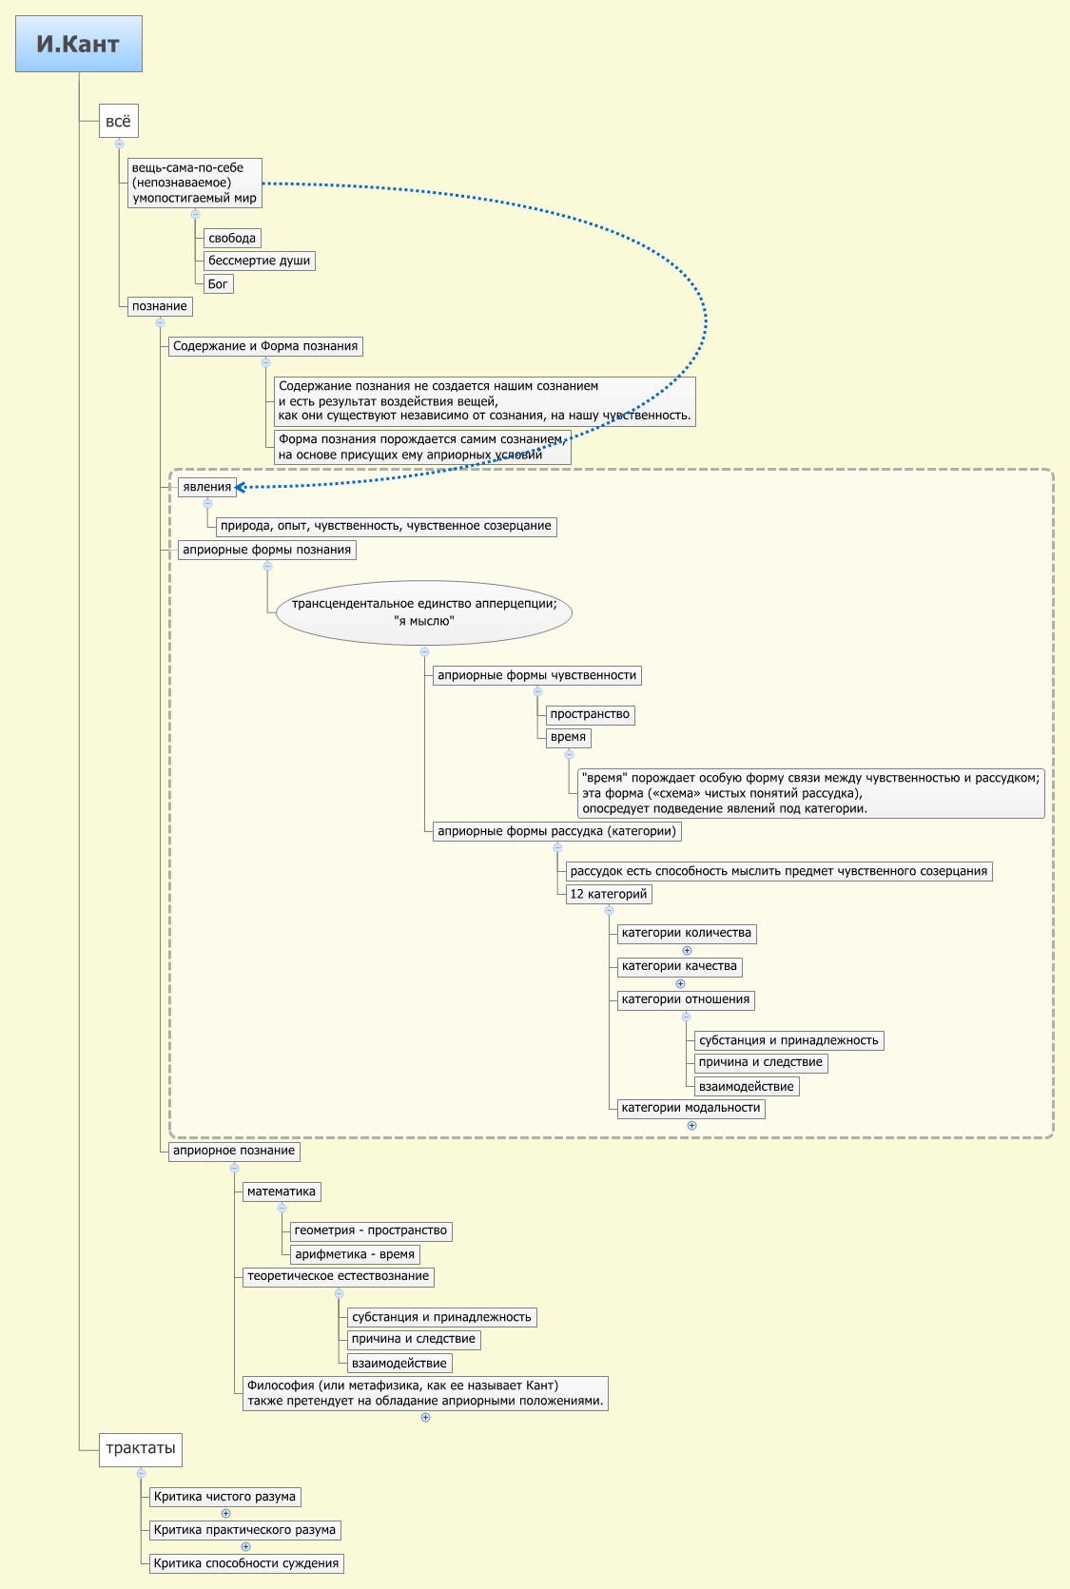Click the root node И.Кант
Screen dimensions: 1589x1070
click(x=78, y=44)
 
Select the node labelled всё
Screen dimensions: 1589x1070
click(x=118, y=121)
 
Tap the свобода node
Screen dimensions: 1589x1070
click(x=232, y=238)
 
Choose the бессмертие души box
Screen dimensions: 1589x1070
click(x=259, y=261)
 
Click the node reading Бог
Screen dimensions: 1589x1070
click(x=218, y=283)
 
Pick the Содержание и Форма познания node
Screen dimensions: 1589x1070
click(x=265, y=346)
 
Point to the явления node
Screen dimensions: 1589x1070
click(x=206, y=487)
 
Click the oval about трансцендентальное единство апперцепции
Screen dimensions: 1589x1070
click(x=424, y=612)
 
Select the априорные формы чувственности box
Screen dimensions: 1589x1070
click(x=536, y=675)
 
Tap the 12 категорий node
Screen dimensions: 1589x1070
click(x=609, y=894)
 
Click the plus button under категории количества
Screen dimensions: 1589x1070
click(x=687, y=950)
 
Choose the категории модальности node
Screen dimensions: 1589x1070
click(x=691, y=1108)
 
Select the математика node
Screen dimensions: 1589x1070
click(x=281, y=1192)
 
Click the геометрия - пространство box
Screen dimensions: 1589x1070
click(x=371, y=1231)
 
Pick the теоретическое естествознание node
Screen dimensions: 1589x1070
click(x=338, y=1276)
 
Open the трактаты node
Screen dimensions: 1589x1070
click(x=140, y=1448)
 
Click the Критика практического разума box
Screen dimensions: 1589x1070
click(x=244, y=1530)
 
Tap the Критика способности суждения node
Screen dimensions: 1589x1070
click(x=245, y=1563)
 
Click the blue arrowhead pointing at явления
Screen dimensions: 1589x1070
click(x=241, y=487)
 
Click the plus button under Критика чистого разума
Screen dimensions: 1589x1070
click(x=225, y=1513)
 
